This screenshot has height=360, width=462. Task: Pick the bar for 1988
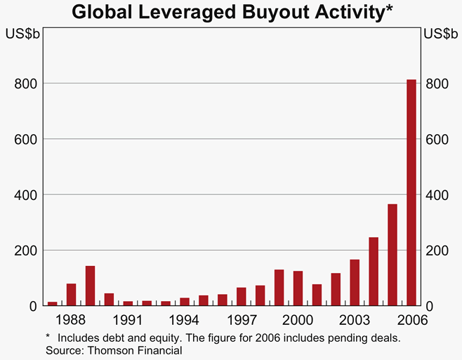pyautogui.click(x=71, y=295)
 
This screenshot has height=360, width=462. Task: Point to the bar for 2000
pyautogui.click(x=298, y=288)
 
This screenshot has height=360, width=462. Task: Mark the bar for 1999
pyautogui.click(x=279, y=288)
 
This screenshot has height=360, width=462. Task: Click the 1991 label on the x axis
pyautogui.click(x=128, y=320)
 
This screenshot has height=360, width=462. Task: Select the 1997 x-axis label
pyautogui.click(x=241, y=320)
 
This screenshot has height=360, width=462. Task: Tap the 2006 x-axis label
pyautogui.click(x=411, y=320)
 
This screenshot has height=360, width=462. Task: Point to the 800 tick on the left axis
pyautogui.click(x=25, y=84)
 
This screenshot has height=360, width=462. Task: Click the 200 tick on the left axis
pyautogui.click(x=25, y=251)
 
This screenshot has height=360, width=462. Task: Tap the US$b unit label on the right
pyautogui.click(x=440, y=34)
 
